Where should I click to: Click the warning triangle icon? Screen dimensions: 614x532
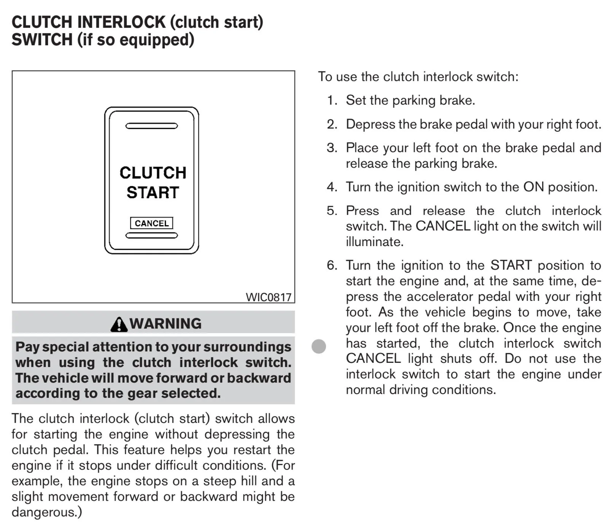tap(119, 324)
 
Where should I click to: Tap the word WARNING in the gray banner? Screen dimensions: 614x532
tap(165, 324)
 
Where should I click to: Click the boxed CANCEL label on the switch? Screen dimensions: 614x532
tap(152, 223)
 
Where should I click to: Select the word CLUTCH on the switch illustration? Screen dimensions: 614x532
tap(153, 173)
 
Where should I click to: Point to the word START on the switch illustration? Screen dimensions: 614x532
tap(153, 192)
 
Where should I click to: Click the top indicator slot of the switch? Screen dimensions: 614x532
tap(152, 126)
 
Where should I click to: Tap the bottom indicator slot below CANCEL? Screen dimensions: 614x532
tap(152, 235)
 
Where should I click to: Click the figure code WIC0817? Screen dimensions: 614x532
tap(269, 297)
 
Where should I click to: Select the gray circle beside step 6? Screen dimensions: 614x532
tap(319, 346)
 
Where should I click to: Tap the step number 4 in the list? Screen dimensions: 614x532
tap(332, 187)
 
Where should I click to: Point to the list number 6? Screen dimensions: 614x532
tap(332, 265)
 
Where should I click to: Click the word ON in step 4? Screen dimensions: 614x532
tap(534, 187)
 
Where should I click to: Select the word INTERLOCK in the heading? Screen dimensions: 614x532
tap(121, 22)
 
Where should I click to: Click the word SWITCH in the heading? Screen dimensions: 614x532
tap(42, 40)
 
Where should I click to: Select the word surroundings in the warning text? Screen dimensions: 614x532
tap(247, 348)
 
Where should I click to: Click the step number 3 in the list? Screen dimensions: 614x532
tap(332, 148)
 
